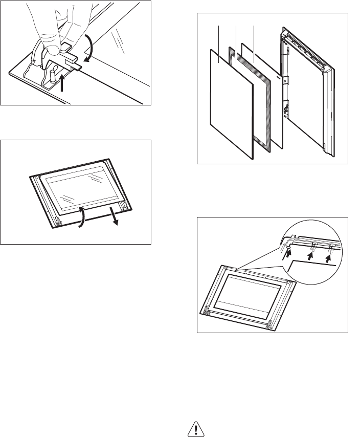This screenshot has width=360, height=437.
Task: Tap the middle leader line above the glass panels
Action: [235, 36]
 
